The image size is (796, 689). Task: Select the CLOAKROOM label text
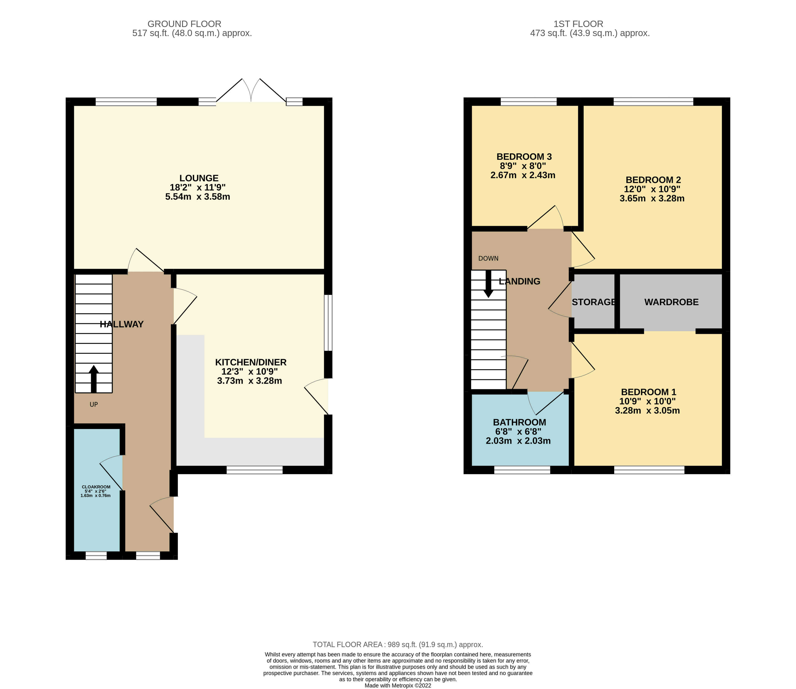96,487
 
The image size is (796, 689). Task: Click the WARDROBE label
671,302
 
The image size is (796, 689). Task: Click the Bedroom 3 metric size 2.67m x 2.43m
523,175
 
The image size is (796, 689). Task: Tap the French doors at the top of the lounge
251,92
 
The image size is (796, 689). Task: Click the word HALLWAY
121,324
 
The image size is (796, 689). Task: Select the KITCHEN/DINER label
251,362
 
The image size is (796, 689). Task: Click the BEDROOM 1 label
648,392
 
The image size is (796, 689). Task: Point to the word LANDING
519,282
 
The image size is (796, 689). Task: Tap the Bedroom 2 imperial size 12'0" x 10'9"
652,189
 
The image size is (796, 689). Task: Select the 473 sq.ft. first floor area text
590,33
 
